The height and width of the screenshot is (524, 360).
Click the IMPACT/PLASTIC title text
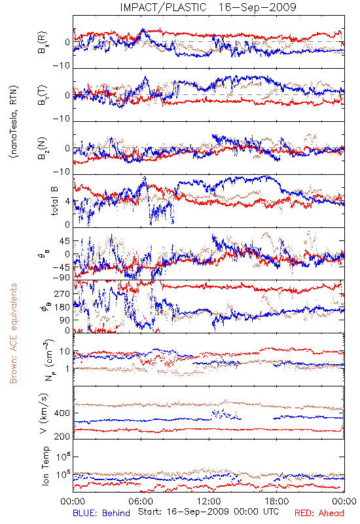[x=163, y=7]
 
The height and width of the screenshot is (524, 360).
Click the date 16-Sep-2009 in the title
[x=257, y=7]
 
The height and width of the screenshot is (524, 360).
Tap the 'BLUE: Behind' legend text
[x=101, y=513]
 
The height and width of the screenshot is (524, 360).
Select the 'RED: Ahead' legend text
[x=319, y=513]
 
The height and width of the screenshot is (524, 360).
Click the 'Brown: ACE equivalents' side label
[x=13, y=333]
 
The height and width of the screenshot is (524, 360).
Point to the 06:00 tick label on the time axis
[x=141, y=501]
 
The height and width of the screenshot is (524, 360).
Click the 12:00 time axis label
[x=209, y=501]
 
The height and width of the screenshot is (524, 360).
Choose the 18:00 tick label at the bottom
[x=276, y=501]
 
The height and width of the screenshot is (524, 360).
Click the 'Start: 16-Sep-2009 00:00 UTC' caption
[x=209, y=512]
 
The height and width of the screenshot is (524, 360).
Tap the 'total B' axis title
[x=54, y=200]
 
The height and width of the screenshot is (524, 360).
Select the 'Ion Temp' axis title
[x=45, y=466]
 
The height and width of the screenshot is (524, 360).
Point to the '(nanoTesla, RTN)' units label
[x=14, y=122]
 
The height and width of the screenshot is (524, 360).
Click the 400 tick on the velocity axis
[x=62, y=413]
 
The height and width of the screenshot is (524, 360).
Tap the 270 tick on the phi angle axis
[x=62, y=293]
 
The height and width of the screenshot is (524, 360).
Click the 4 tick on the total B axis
[x=67, y=202]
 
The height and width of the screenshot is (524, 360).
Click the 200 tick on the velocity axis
[x=62, y=436]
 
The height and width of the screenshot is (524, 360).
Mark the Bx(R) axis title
[x=43, y=42]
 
